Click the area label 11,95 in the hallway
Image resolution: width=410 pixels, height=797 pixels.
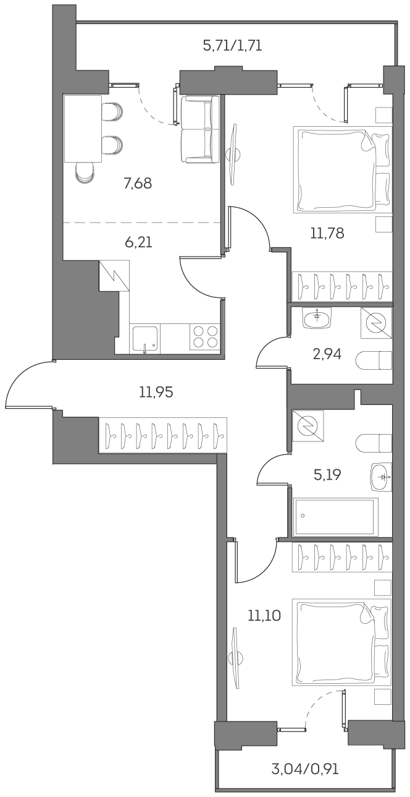click(156, 391)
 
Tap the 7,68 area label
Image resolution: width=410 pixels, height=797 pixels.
click(138, 183)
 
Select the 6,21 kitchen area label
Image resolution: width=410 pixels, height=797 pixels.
click(138, 242)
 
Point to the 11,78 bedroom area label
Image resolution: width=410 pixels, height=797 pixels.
click(327, 233)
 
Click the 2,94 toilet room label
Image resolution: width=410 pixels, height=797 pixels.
click(327, 354)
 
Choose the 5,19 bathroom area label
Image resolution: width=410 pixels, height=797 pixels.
click(327, 475)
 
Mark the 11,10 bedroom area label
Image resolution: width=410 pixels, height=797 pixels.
click(264, 615)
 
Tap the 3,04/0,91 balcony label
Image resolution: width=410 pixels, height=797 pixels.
click(304, 770)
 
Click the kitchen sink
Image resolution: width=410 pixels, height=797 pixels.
click(145, 339)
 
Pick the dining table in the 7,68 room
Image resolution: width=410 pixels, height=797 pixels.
click(82, 128)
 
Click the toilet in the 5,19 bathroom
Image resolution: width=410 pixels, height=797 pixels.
click(375, 443)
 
